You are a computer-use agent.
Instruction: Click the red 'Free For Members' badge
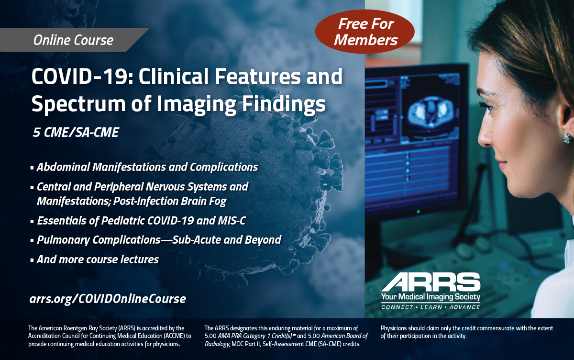[364, 32]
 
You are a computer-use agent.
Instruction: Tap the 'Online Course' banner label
[73, 40]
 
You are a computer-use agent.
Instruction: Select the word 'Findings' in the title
[284, 104]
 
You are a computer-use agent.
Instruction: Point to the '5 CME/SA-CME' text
[76, 133]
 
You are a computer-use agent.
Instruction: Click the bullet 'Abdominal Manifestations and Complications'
[147, 167]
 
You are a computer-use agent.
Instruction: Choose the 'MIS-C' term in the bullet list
[232, 221]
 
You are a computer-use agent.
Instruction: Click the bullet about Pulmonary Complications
[159, 240]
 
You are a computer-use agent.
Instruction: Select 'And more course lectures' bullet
[98, 259]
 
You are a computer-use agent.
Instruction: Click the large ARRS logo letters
[431, 282]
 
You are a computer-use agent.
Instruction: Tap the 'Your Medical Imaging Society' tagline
[430, 297]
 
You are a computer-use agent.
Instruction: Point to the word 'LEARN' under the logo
[431, 307]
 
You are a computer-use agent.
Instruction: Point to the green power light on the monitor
[418, 212]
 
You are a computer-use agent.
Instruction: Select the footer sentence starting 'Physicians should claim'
[467, 332]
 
